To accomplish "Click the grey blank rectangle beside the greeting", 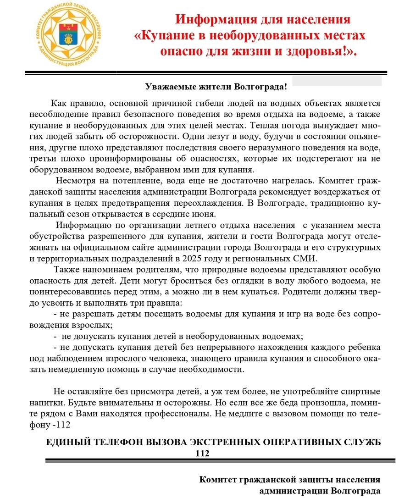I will click(x=337, y=81).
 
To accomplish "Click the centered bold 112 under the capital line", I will click(x=202, y=453).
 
